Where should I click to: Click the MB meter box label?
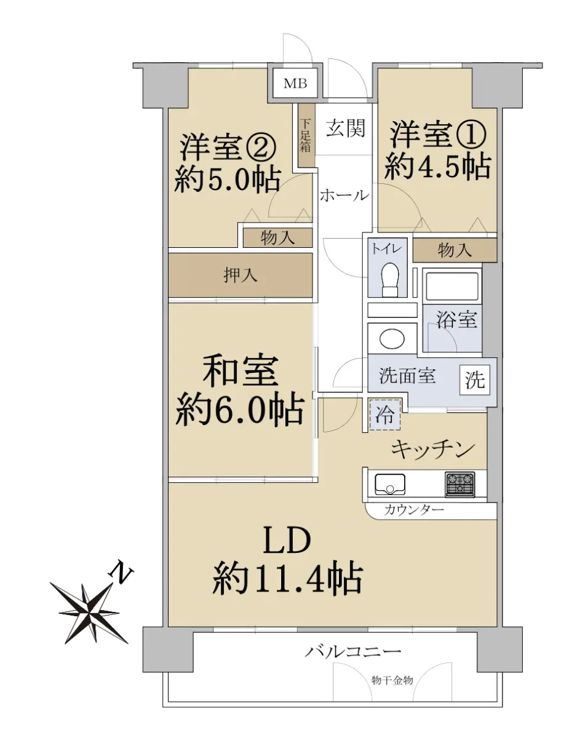point(295,84)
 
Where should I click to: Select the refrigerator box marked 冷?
point(385,415)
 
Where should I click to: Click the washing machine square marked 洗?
point(475,379)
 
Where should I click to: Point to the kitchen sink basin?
point(389,485)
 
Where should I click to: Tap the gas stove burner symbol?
point(460,485)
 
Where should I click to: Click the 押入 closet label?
point(240,275)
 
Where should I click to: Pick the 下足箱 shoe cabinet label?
point(305,135)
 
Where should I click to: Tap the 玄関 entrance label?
point(346,128)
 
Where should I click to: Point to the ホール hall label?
point(344,196)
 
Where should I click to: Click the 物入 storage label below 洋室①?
point(455,251)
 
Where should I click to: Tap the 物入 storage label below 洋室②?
point(277,238)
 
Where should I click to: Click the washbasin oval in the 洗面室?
point(392,338)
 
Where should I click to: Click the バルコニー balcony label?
point(352,651)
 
